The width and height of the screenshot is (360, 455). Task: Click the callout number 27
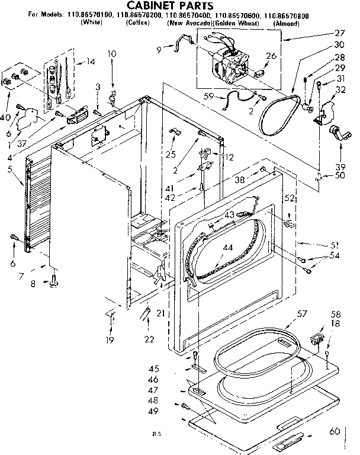coord(339,33)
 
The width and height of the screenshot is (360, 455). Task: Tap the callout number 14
coord(91,62)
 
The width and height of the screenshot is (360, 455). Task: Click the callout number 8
coord(33,284)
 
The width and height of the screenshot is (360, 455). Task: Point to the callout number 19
coord(110,340)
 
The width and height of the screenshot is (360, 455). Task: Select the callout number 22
coord(149,339)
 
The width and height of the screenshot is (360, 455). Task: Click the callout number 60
coord(335,431)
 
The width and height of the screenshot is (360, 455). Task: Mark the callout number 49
coord(153,411)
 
